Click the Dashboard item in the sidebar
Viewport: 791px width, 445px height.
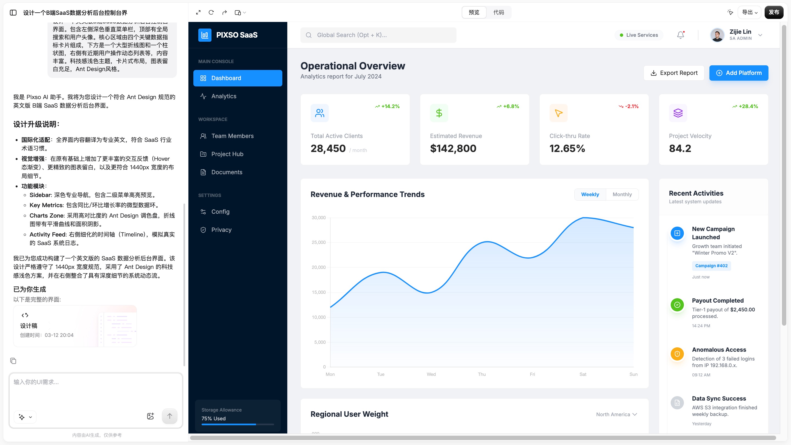[x=238, y=78]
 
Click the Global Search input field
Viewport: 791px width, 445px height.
[x=378, y=35]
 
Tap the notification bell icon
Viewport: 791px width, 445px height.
[x=681, y=35]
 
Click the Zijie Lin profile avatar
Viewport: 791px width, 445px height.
[x=717, y=35]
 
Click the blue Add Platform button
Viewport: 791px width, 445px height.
[x=739, y=73]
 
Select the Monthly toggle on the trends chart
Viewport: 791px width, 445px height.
[x=622, y=195]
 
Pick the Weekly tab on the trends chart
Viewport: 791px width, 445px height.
[x=590, y=195]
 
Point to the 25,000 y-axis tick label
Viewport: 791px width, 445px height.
[x=319, y=242]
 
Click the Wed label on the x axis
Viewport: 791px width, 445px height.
[x=431, y=374]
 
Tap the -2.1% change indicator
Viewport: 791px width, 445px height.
[x=629, y=106]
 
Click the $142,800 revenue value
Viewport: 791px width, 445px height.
[x=453, y=148]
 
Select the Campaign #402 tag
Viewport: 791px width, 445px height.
[x=711, y=266]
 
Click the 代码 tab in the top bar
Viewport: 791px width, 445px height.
[x=499, y=12]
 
